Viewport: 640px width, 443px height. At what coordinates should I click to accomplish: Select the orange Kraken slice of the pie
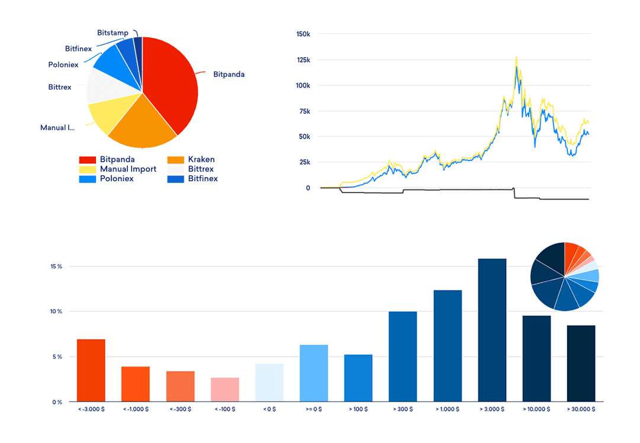pyautogui.click(x=142, y=124)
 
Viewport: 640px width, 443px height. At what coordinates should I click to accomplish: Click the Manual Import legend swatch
pyautogui.click(x=88, y=169)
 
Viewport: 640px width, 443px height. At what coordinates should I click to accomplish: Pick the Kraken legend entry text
pyautogui.click(x=201, y=159)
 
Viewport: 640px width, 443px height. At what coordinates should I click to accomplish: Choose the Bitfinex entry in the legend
pyautogui.click(x=203, y=178)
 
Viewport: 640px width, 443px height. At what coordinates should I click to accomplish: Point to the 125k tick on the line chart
pyautogui.click(x=303, y=60)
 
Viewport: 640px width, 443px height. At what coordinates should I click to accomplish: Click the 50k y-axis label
pyautogui.click(x=304, y=137)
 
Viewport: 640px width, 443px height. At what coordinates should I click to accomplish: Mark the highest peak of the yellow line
pyautogui.click(x=516, y=57)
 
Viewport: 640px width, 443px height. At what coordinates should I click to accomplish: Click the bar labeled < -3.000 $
pyautogui.click(x=91, y=370)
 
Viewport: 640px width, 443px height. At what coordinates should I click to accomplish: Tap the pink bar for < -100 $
pyautogui.click(x=225, y=389)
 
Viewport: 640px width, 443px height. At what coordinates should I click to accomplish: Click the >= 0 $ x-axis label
pyautogui.click(x=313, y=409)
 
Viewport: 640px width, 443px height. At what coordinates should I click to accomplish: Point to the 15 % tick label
pyautogui.click(x=56, y=267)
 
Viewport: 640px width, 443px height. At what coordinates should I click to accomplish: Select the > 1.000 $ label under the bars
pyautogui.click(x=447, y=409)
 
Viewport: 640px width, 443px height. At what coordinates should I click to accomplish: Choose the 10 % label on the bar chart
pyautogui.click(x=56, y=312)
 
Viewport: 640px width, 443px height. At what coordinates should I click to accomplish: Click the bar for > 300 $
pyautogui.click(x=402, y=356)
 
